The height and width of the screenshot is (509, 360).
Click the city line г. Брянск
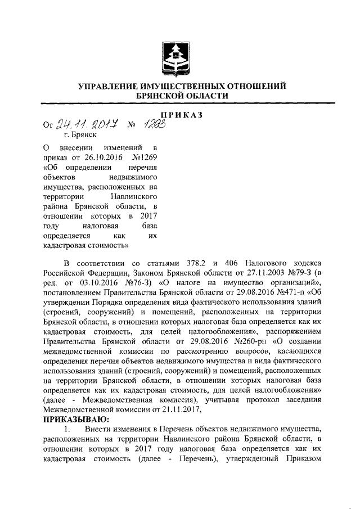[80, 135]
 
